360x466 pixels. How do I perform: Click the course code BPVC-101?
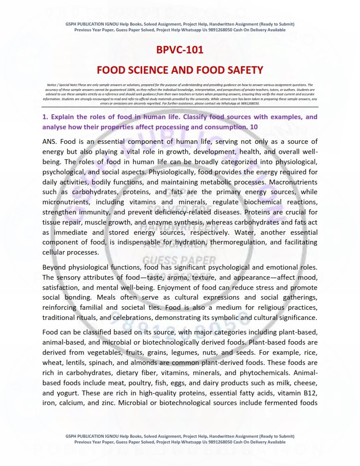(180, 49)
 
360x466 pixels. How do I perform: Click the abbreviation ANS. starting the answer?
(49, 142)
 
